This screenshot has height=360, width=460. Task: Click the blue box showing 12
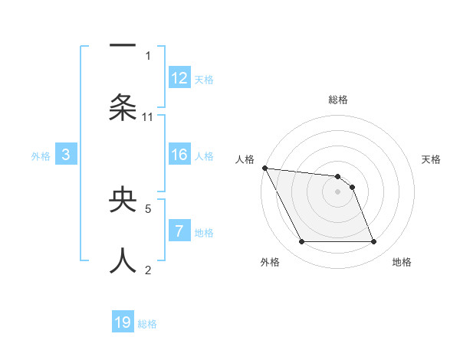click(179, 78)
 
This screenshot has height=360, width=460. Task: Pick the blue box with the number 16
click(179, 155)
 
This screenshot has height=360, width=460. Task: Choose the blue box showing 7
click(179, 231)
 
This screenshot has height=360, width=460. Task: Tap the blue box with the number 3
click(66, 155)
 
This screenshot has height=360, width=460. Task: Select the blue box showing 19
click(123, 323)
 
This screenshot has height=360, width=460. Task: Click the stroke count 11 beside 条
click(148, 117)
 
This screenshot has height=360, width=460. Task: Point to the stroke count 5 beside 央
click(148, 208)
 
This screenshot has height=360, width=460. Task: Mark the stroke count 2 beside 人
click(148, 269)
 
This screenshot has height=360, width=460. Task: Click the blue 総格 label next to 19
click(147, 324)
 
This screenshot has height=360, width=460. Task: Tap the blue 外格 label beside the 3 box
click(41, 156)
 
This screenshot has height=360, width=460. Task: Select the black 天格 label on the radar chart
click(432, 159)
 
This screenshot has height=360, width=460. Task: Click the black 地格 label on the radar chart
click(402, 262)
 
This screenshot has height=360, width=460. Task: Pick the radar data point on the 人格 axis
click(264, 168)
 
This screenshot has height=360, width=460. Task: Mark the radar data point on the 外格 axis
click(301, 242)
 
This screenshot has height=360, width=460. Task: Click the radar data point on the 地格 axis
click(373, 242)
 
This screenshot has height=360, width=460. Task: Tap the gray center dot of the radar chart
click(337, 191)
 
